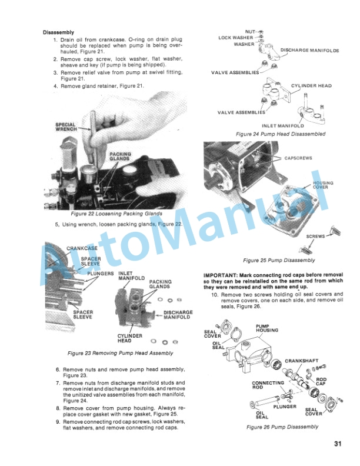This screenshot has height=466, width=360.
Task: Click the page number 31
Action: coord(338,444)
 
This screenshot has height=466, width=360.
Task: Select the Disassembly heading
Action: coord(58,32)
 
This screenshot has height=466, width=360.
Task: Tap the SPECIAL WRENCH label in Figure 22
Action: coord(66,127)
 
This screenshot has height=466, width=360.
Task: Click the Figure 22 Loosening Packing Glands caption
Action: coord(116,214)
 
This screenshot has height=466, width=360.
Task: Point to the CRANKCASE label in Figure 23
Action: coord(82,248)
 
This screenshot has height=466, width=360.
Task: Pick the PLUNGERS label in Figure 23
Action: coord(101,274)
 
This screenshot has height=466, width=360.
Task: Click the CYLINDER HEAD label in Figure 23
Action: coord(130,338)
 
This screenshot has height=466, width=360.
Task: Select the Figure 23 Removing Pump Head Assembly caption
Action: coord(121,353)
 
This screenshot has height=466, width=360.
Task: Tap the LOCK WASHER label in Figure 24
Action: coord(236,38)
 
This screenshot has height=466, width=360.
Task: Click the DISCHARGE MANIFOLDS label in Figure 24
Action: coord(310,50)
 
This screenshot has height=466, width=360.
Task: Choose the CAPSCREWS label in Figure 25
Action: coord(298,158)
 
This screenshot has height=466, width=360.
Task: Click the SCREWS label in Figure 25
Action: coord(315,237)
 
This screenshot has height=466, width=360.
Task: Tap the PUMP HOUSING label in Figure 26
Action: coord(267,328)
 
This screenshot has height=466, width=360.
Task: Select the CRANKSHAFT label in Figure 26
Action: coord(302,361)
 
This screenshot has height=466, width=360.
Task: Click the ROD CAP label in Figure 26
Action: coord(321,382)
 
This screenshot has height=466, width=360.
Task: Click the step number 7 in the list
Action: coord(58,383)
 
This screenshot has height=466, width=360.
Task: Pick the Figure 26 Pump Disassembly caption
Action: coord(282,427)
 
